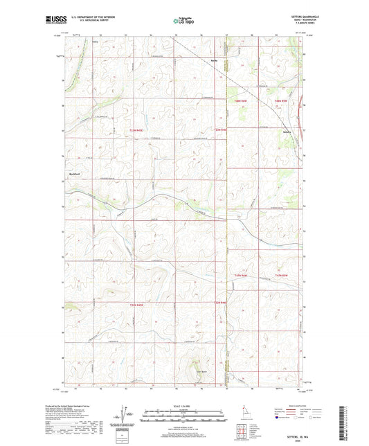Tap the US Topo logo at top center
(x=184, y=21)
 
